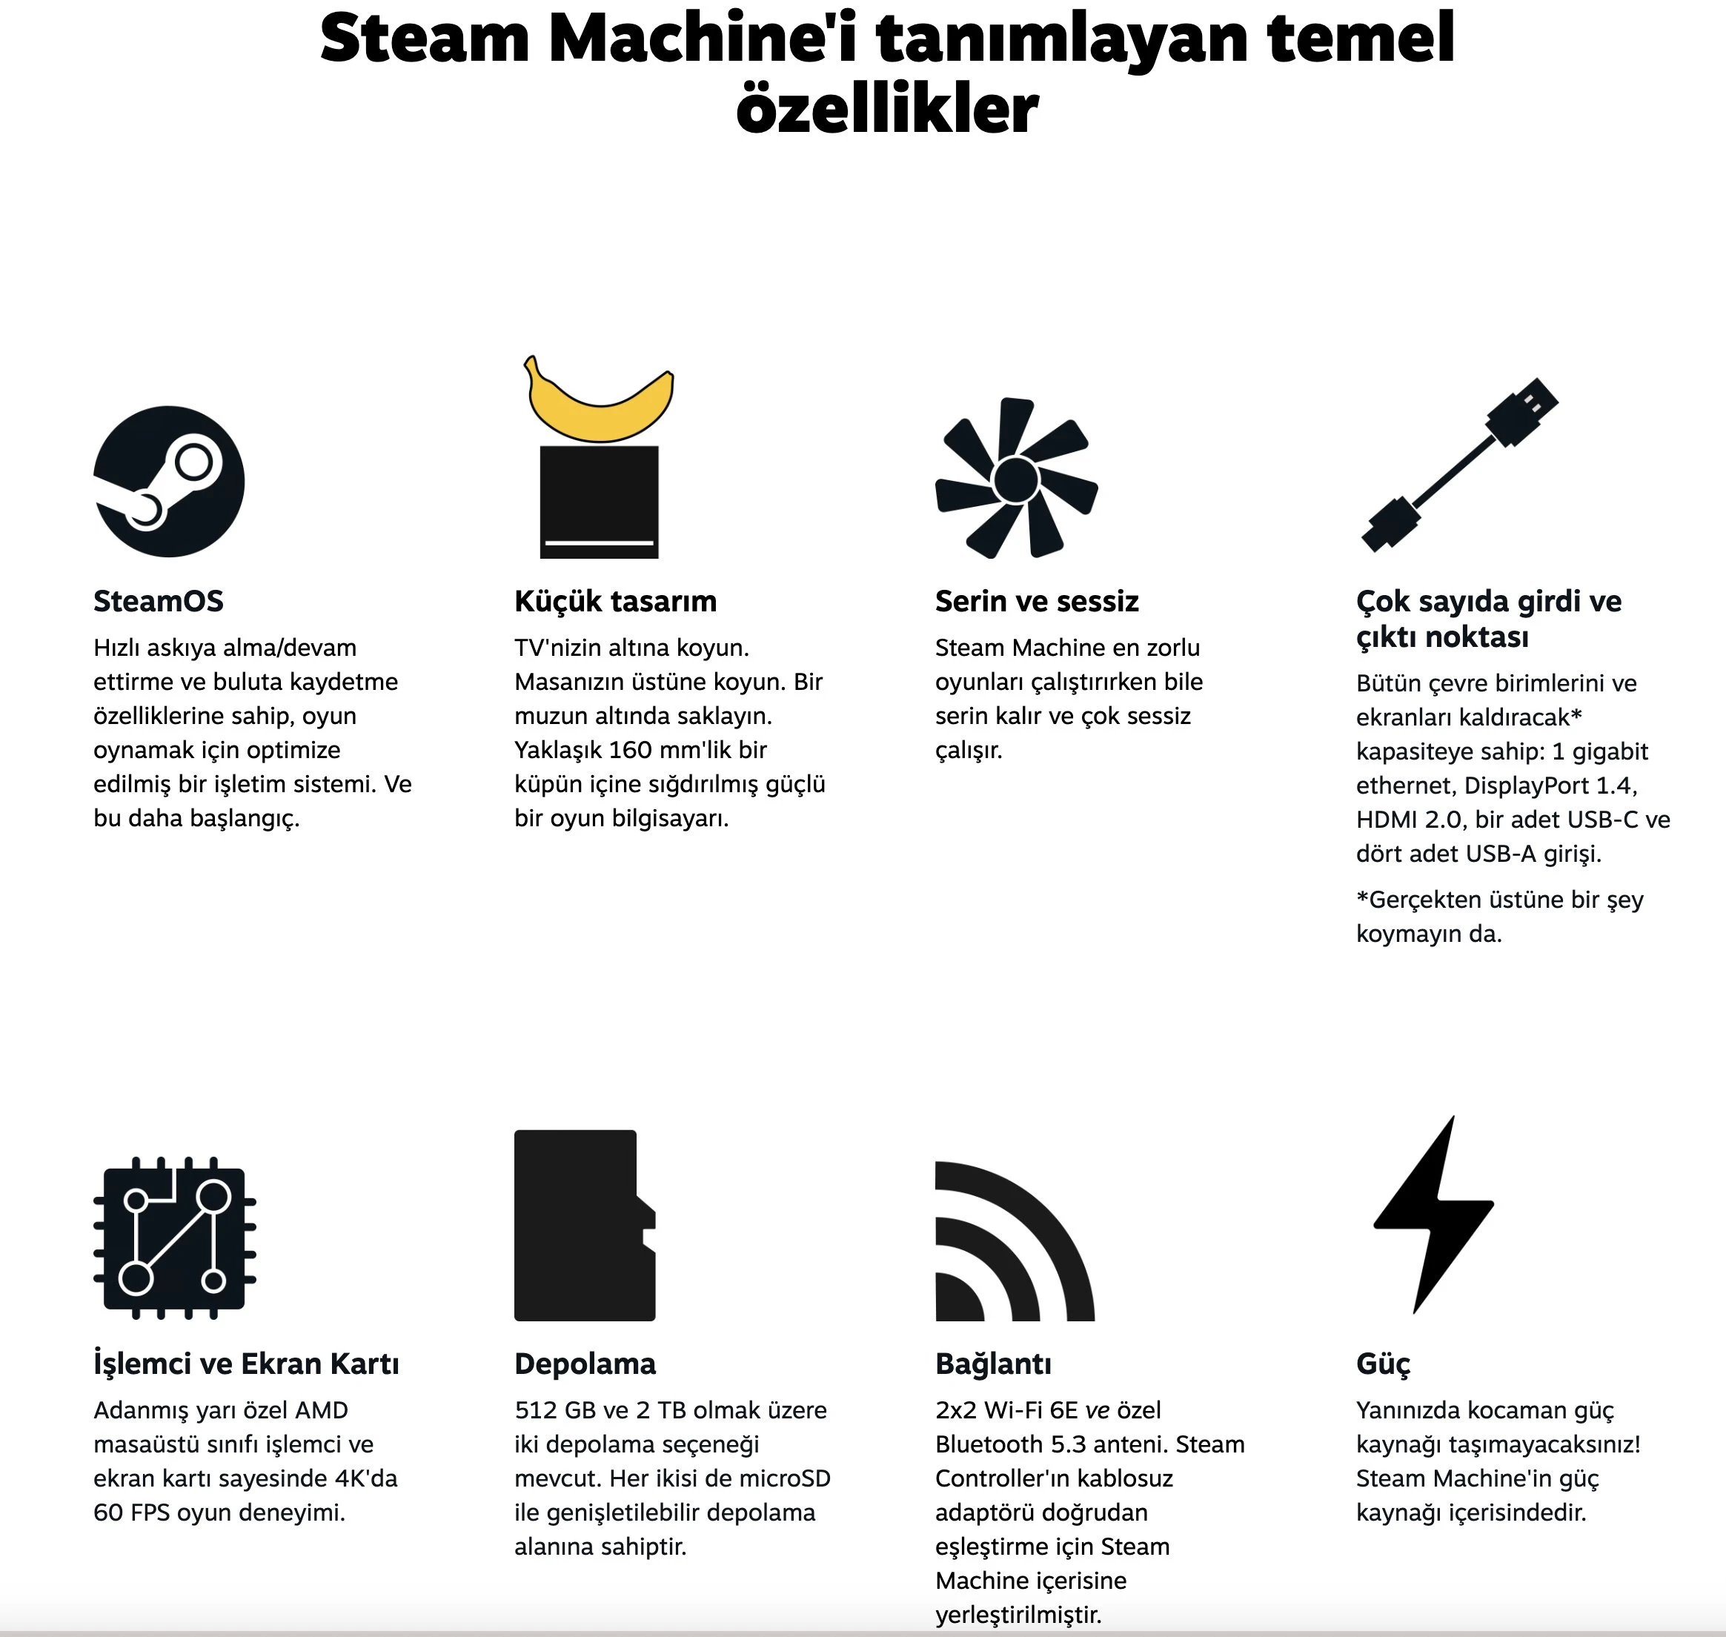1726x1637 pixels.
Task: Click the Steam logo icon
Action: tap(169, 482)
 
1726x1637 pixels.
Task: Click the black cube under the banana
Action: tap(600, 502)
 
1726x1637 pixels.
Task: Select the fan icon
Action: tap(1017, 478)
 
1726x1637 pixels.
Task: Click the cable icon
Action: tap(1460, 464)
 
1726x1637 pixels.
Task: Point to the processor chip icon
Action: tap(174, 1238)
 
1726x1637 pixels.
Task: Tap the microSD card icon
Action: tap(585, 1225)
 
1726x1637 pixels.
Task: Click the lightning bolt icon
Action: tap(1434, 1214)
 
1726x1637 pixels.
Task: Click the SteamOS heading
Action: tap(159, 601)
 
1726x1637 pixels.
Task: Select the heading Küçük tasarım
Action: tap(615, 601)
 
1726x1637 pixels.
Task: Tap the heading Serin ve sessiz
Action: tap(1037, 601)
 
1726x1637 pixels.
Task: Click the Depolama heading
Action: tap(585, 1364)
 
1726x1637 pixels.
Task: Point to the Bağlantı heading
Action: tap(993, 1364)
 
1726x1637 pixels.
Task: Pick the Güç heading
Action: tap(1383, 1364)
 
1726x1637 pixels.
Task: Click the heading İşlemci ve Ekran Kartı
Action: tap(246, 1364)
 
